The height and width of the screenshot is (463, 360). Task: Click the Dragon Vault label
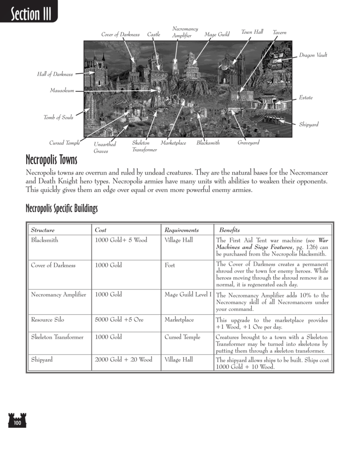point(313,55)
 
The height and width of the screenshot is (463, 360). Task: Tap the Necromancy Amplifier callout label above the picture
point(185,32)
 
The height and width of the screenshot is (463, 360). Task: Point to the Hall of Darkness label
point(55,74)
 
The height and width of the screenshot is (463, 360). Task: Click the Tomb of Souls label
point(59,117)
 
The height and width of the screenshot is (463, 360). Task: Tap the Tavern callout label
point(279,32)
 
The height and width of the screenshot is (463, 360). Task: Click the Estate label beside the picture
point(306,98)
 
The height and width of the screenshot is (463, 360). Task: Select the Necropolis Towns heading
point(52,161)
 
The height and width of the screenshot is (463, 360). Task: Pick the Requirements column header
point(181,230)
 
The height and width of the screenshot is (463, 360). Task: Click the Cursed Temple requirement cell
point(182,337)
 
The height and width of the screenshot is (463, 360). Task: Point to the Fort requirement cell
point(170,265)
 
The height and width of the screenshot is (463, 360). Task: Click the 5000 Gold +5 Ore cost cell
point(119,320)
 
